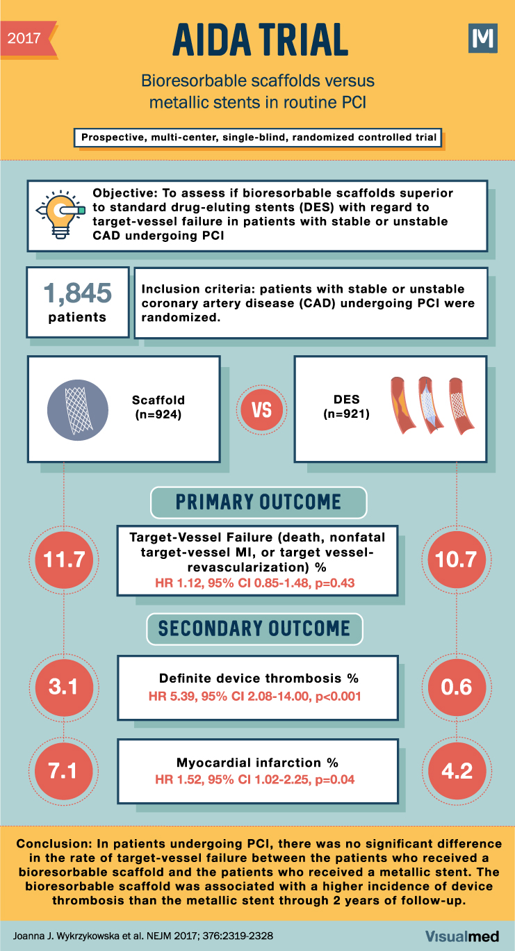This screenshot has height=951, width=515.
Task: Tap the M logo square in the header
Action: pos(483,38)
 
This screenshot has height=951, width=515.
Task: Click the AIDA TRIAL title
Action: pos(260,39)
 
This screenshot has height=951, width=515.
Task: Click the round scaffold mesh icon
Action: pos(77,409)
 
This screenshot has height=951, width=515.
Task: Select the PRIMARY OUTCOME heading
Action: pos(258,502)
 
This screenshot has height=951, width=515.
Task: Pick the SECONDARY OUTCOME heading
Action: pos(254,628)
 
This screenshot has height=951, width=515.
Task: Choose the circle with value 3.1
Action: pos(64,687)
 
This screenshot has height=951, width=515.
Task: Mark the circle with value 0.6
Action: pos(455,687)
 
